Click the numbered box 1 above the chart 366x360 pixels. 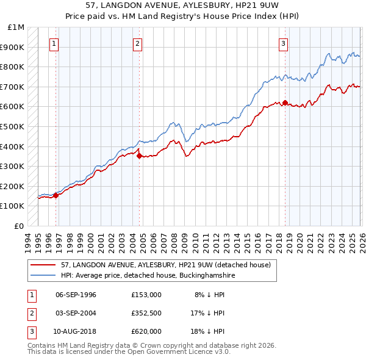[x=55, y=43]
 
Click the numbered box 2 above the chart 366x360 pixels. [x=138, y=43]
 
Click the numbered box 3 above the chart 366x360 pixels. [x=284, y=43]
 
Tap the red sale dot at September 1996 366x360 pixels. [x=56, y=195]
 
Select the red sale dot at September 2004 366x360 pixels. [x=139, y=156]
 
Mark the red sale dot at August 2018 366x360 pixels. [x=285, y=103]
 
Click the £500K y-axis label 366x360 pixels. [x=13, y=127]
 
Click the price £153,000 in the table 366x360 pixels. [x=146, y=295]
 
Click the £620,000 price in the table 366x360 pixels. [x=146, y=331]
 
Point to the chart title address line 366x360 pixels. [x=183, y=6]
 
